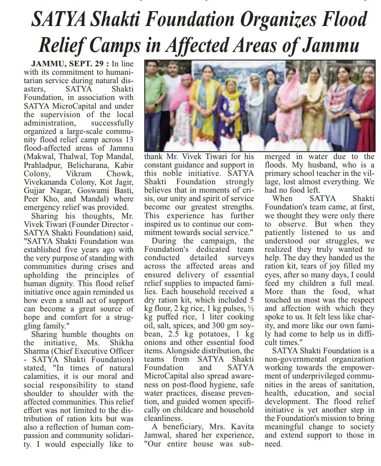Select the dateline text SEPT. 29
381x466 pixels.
click(x=87, y=64)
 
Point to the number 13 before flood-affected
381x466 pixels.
click(x=129, y=140)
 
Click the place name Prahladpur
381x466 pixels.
click(x=42, y=165)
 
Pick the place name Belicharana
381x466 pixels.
click(x=89, y=165)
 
